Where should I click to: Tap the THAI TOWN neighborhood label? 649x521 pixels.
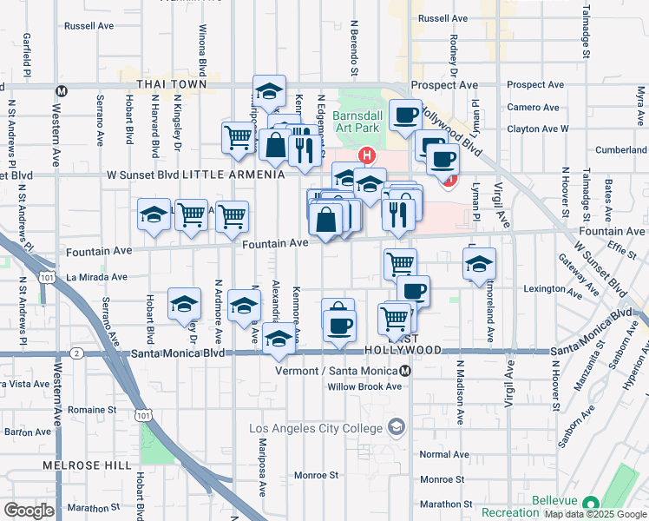coord(172,84)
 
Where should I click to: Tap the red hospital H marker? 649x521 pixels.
coord(367,156)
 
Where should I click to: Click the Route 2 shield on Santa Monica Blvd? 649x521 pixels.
coord(77,353)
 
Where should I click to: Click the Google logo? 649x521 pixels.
coord(29,511)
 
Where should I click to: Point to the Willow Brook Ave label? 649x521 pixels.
coord(364,387)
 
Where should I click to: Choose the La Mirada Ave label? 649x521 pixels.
coord(96,278)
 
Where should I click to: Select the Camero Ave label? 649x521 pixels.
coord(535,108)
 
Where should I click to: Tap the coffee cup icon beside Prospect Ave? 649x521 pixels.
coord(404,115)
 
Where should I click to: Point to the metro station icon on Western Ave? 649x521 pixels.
coord(62,90)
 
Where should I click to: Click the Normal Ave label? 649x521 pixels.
coord(443,455)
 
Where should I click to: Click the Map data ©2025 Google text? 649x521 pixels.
coord(595,514)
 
